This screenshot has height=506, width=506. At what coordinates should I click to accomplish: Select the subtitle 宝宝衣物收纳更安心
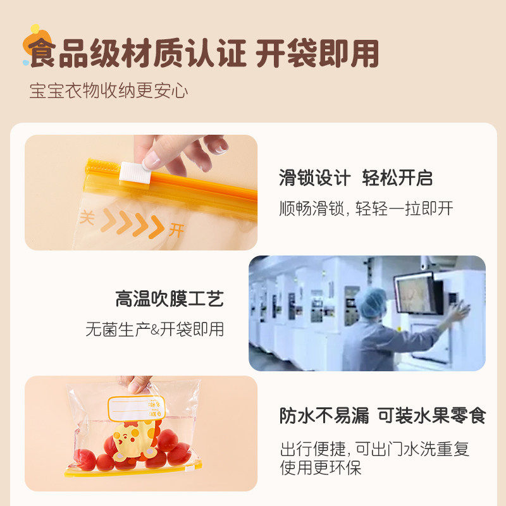coord(108,90)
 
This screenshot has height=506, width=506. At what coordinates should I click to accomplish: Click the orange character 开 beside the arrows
coord(176,230)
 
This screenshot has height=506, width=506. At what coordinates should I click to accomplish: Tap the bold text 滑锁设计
coord(314,178)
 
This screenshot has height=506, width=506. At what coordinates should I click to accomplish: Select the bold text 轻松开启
coord(397,178)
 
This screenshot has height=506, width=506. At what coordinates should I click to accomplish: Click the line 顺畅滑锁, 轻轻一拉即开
coord(366,209)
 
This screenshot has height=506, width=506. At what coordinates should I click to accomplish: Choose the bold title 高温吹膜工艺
coord(170,299)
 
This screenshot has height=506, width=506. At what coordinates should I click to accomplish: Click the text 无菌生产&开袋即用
coord(155,329)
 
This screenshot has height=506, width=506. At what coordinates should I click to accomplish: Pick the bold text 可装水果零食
coord(431,416)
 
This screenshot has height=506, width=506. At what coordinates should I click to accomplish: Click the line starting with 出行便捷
coord(375,450)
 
